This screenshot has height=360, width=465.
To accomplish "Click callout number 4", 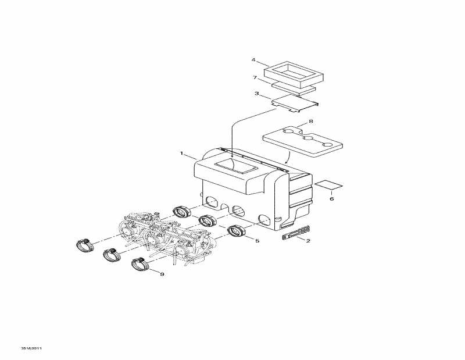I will point(253,60).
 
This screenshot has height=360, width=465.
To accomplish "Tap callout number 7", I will point(255,77).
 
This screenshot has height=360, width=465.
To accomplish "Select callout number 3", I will point(256,93).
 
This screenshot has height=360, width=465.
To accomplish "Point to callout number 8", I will point(311,122).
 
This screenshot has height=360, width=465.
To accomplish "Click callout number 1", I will point(182,154).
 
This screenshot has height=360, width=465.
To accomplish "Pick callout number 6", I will point(332,198).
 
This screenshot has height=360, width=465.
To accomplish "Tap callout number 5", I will point(257,240).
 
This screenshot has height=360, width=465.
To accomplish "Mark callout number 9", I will point(162,275).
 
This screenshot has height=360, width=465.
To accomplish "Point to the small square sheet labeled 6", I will point(328,184).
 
